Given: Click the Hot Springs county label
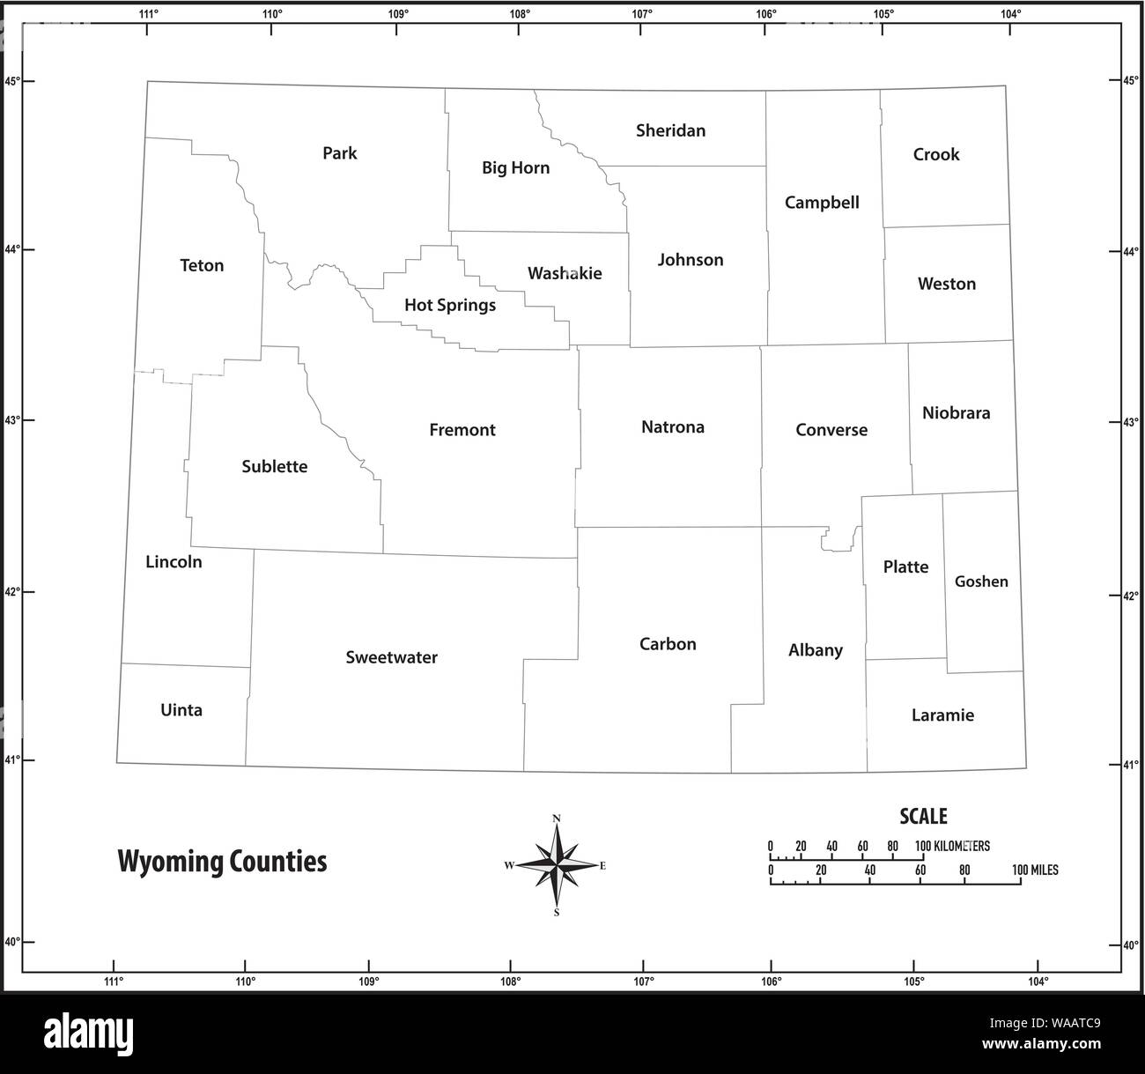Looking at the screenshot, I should coord(449,306).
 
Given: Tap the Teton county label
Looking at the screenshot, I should coord(202,265).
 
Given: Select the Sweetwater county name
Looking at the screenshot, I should coord(391,657).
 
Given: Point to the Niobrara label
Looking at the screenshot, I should coord(956,412).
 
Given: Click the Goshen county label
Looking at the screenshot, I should coord(981,581).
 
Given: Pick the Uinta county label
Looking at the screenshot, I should coord(181,710).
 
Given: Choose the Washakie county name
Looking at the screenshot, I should coord(565,273).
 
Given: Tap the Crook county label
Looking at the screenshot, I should coord(935,154).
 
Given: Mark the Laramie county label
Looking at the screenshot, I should coord(942,715).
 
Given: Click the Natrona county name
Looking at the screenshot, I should coord(672,427).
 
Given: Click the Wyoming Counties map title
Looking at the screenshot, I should coord(222,861).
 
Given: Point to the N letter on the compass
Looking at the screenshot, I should coord(557,818).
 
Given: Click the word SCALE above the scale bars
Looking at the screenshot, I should coord(923,817).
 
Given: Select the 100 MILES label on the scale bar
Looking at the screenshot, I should coord(1035,870).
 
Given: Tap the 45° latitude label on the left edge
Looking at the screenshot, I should coord(12,81).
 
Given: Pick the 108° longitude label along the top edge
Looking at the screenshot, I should coord(520,14).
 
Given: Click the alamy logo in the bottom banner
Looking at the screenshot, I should coord(88,1032).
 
